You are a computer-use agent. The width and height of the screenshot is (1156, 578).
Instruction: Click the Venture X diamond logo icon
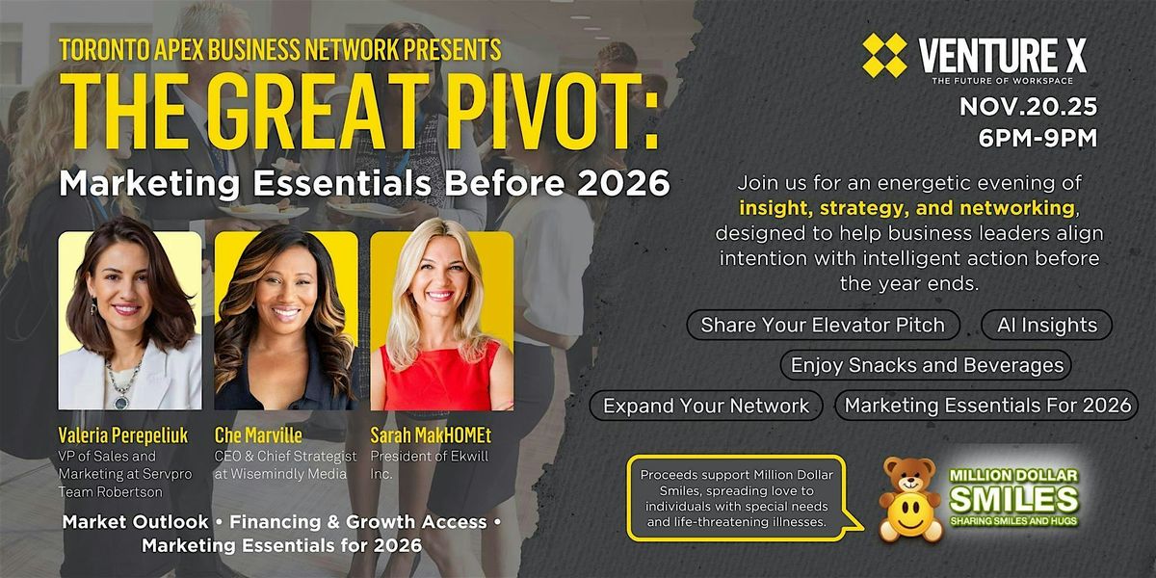tap(883, 56)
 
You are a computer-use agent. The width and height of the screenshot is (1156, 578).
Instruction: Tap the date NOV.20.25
tap(1028, 108)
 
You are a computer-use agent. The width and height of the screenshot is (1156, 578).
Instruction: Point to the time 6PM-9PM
tap(1037, 139)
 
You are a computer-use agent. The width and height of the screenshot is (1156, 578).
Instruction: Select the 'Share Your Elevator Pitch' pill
tap(822, 325)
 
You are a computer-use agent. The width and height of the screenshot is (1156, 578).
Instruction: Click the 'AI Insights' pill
tap(1046, 325)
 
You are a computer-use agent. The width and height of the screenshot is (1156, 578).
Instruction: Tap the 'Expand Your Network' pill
tap(706, 406)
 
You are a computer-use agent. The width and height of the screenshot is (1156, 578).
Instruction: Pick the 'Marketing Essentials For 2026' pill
tap(987, 406)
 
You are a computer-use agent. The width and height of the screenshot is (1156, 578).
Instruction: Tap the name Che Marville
tap(257, 434)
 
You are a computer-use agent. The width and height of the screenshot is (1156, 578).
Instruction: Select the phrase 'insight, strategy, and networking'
tap(906, 207)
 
